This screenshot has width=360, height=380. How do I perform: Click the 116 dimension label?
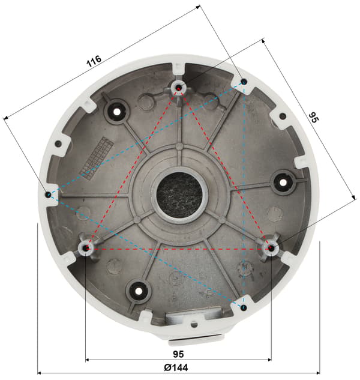pos(94,61)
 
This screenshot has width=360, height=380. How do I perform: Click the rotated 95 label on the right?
pos(314,117)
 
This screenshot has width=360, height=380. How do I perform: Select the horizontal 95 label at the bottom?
pos(178,354)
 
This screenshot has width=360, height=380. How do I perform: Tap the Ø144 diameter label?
pos(176,367)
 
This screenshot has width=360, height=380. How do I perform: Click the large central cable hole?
pos(179,195)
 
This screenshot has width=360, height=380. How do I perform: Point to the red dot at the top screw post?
pos(179,88)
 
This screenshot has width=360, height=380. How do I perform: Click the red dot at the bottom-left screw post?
pos(86,249)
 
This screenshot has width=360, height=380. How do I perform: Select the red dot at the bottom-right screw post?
pos(271,248)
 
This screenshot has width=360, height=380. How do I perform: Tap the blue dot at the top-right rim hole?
pos(244,82)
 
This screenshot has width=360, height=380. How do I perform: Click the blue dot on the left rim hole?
pos(49,195)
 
